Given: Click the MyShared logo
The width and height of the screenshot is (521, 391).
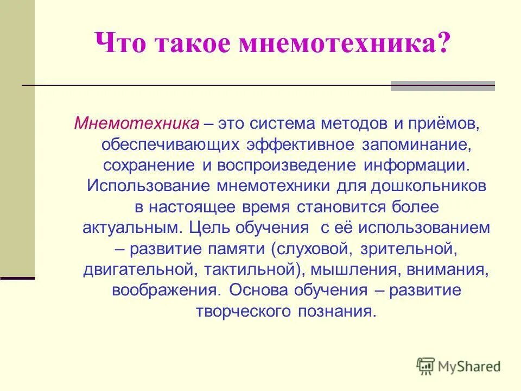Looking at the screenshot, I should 459,365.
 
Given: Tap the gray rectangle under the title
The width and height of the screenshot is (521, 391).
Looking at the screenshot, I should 443,86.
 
